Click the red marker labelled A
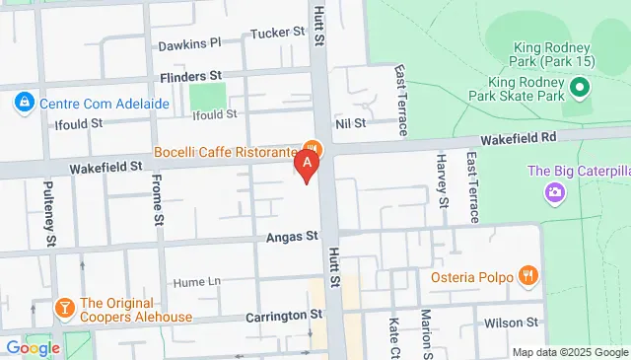[x=309, y=164]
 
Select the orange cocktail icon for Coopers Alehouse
[x=66, y=310]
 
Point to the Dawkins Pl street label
[x=189, y=43]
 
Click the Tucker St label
[x=277, y=33]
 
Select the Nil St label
[x=350, y=123]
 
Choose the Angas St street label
[x=293, y=237]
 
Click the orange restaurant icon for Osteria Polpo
[x=528, y=276]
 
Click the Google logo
[x=33, y=347]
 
